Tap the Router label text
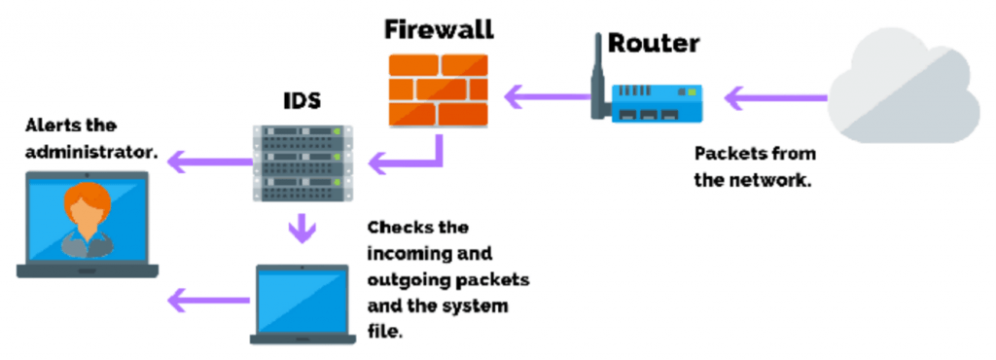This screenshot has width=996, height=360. (653, 43)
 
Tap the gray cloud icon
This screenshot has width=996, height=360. (904, 89)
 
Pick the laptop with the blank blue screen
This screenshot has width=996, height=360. (301, 303)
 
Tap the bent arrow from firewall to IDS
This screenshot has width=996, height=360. (409, 157)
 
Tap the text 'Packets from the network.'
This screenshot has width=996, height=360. (755, 167)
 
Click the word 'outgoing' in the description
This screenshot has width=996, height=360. (408, 279)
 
